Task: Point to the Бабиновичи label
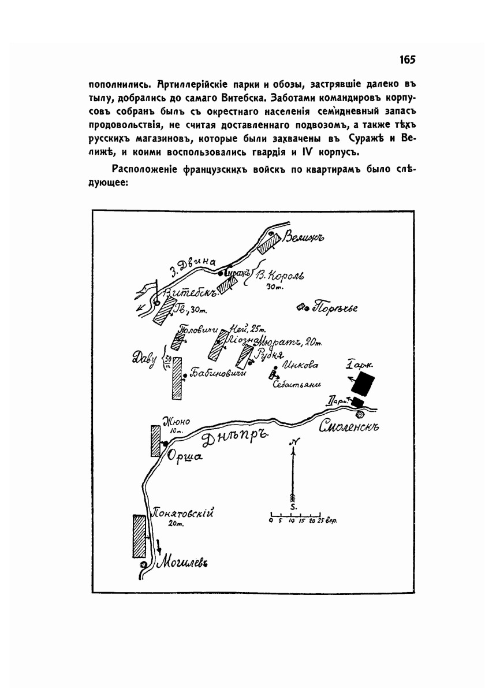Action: click(x=218, y=374)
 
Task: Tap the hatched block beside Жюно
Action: click(x=155, y=441)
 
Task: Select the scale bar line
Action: click(x=295, y=514)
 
